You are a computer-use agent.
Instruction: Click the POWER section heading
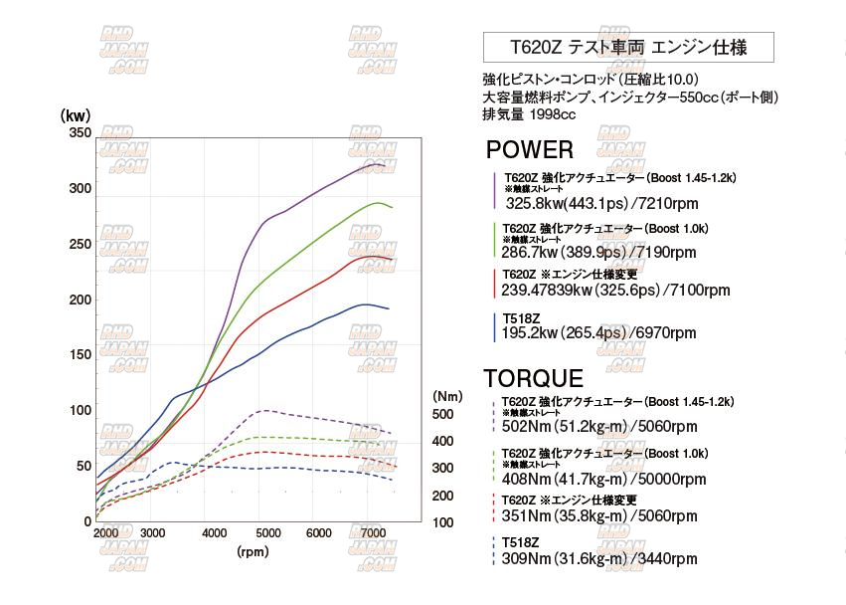pos(530,150)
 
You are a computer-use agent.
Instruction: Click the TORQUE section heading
pos(533,379)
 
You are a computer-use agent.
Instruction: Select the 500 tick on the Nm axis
pos(443,414)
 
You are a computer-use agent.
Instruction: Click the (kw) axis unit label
pos(76,114)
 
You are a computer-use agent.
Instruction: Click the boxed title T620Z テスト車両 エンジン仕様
pos(628,47)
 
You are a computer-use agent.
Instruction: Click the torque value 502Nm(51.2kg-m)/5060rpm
pos(599,428)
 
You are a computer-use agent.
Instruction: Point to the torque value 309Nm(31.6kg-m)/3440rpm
pos(599,559)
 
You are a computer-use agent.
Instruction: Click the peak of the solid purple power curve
pos(379,164)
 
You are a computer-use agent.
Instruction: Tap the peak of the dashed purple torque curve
pos(262,410)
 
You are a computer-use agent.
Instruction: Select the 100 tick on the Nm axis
pos(443,523)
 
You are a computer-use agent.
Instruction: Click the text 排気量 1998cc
pos(529,114)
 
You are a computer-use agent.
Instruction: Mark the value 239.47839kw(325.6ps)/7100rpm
pos(617,291)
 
